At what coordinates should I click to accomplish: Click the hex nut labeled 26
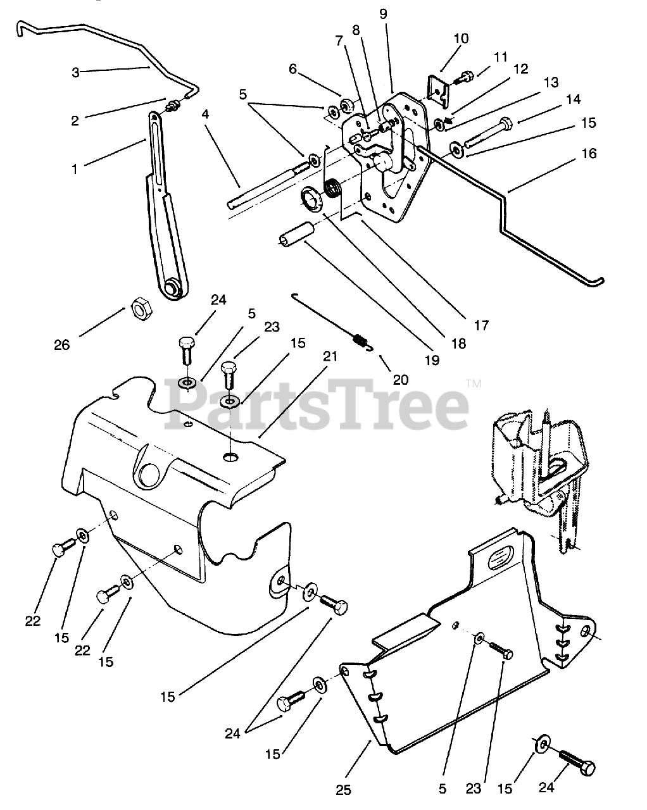[139, 309]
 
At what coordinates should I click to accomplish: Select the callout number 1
[75, 170]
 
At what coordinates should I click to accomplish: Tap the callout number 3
[75, 72]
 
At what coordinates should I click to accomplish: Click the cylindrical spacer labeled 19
[297, 233]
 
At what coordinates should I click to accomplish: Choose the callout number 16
[588, 154]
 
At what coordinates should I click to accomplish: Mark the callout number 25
[344, 789]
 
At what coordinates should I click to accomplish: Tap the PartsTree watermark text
[316, 405]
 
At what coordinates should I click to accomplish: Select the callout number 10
[461, 39]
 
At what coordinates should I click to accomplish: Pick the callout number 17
[481, 325]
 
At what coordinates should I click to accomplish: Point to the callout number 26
[62, 346]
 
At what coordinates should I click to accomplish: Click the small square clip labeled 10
[439, 88]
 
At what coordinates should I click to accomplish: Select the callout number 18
[458, 344]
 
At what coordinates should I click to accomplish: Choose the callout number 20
[401, 380]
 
